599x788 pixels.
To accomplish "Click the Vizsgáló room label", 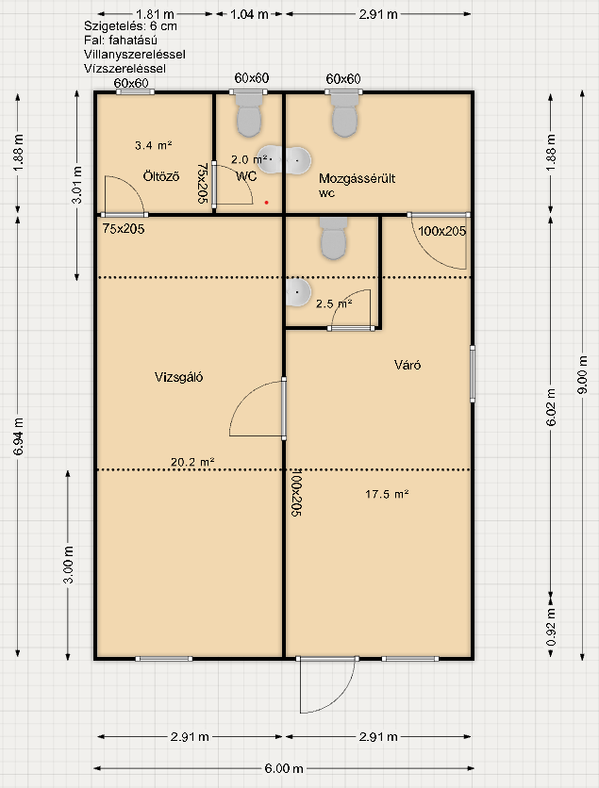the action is [178, 377].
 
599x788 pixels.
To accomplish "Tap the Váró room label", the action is [408, 365].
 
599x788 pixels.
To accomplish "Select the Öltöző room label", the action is [161, 176].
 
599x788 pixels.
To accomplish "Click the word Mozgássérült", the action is [358, 178].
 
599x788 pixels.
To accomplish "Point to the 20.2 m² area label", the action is [192, 462].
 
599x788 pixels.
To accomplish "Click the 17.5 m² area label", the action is [387, 495].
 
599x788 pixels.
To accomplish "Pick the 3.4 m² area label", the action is [154, 146].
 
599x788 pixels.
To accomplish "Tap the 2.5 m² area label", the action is [334, 304].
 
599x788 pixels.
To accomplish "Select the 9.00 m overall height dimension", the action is [583, 375].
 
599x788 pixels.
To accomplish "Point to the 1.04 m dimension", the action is [249, 14].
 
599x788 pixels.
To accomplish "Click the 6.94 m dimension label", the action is [19, 436].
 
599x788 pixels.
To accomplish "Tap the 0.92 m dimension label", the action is [551, 627].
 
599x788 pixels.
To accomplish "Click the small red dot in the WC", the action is [267, 203].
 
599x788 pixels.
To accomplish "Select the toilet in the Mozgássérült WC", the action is [344, 116].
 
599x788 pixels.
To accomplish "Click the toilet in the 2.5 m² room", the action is [333, 238].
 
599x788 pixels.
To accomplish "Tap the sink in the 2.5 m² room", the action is [298, 292].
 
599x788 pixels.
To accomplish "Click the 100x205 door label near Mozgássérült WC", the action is [442, 231].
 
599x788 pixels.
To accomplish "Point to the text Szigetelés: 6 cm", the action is [131, 26].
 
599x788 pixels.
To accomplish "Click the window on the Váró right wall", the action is [473, 373].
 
